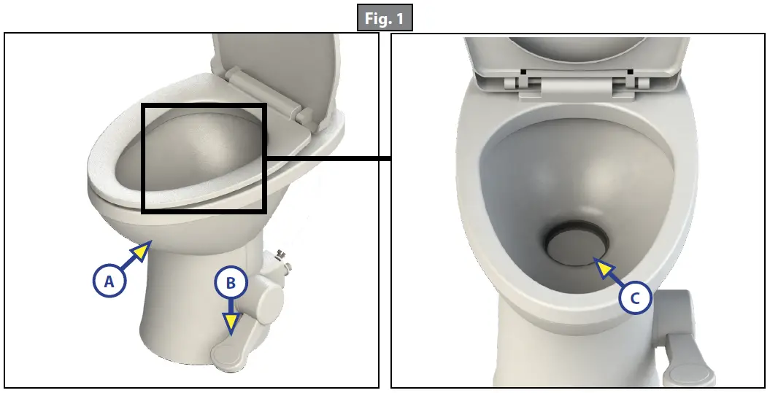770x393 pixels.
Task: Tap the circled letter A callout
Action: [109, 281]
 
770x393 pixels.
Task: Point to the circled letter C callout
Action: [635, 297]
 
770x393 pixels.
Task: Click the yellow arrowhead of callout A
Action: [141, 252]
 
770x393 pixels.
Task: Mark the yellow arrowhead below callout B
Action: [231, 324]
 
